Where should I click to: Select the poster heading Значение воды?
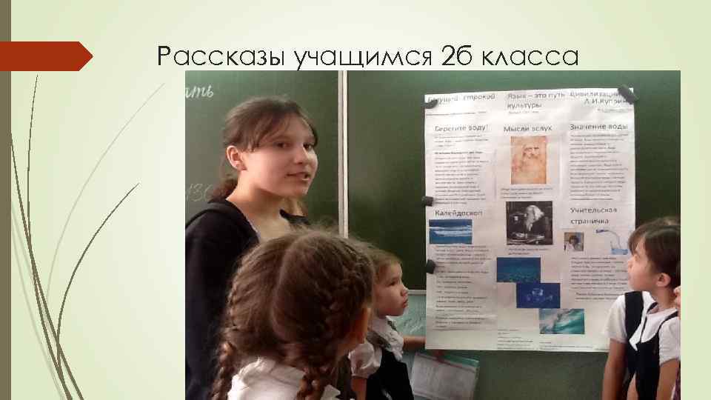[x=599, y=127]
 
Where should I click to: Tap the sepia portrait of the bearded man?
[x=529, y=160]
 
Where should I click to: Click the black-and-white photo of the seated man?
[x=529, y=223]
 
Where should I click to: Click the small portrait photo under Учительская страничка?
[x=594, y=241]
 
